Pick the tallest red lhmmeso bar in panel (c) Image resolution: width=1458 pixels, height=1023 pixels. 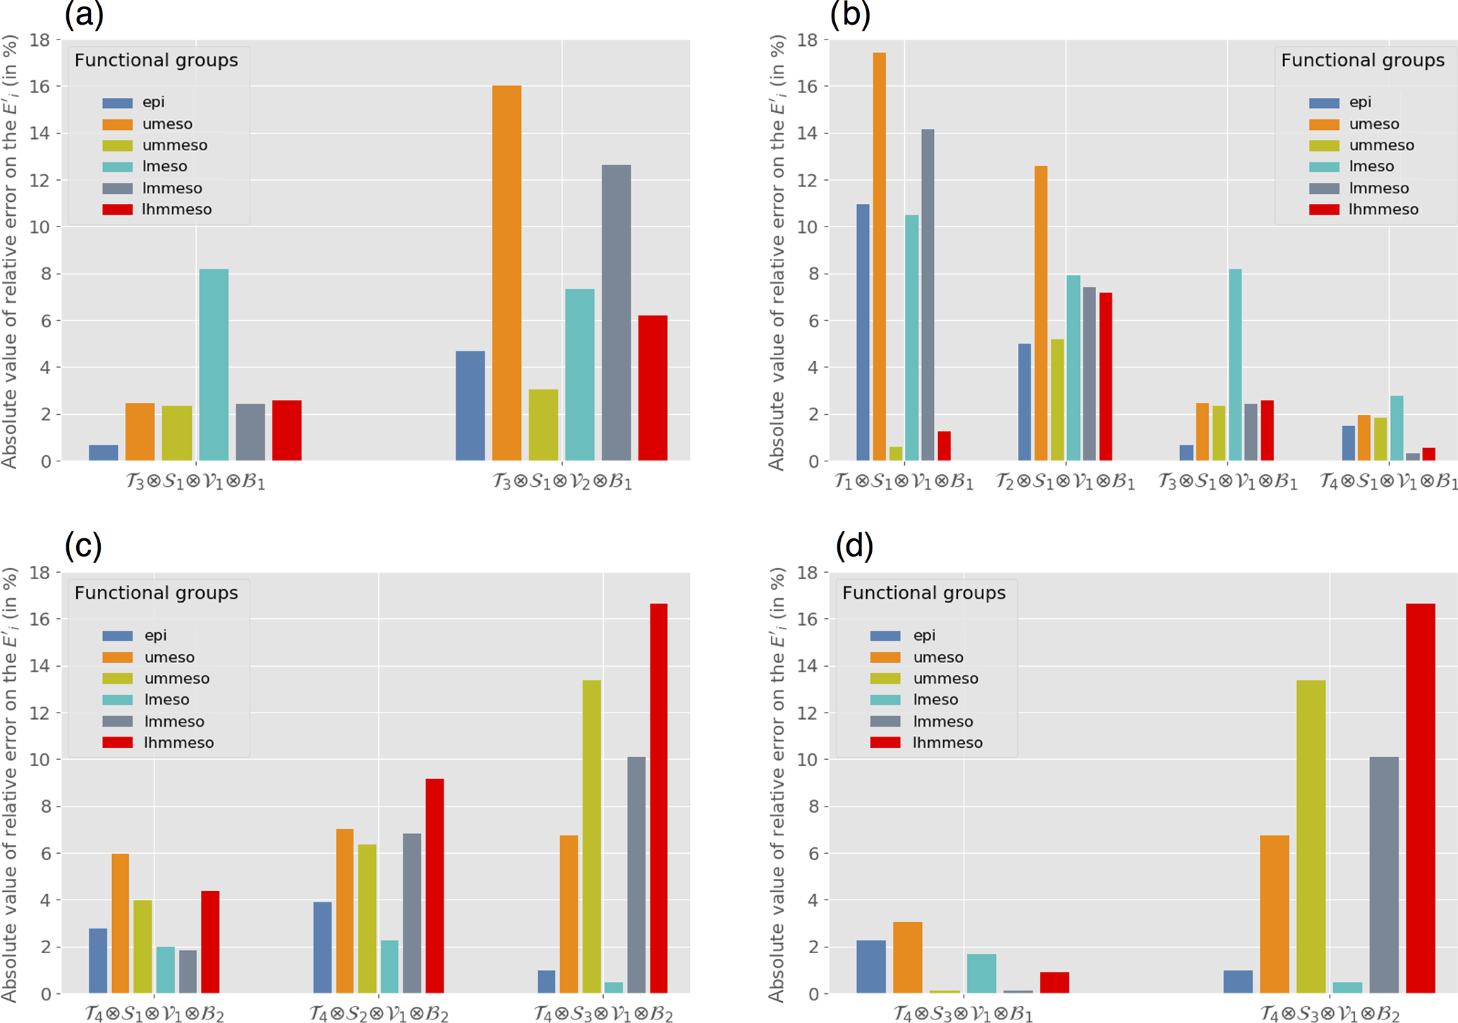tap(658, 798)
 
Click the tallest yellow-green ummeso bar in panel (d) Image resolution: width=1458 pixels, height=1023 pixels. tap(1311, 837)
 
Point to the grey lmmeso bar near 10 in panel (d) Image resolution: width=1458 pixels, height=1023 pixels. tap(1384, 875)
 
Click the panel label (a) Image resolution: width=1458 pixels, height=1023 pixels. tap(84, 14)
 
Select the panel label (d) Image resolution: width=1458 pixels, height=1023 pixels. tap(853, 545)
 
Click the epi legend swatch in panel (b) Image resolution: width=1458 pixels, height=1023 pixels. tap(1323, 103)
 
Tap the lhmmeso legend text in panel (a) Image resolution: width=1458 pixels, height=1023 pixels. tap(176, 210)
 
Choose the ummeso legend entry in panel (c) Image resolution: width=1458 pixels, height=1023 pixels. tap(176, 679)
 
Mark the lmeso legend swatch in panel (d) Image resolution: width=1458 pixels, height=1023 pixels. tap(885, 700)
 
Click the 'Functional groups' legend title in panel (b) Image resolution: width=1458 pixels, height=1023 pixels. tap(1362, 61)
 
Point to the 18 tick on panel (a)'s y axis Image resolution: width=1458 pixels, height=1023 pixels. tap(41, 40)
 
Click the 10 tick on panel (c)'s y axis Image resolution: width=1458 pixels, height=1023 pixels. tap(41, 760)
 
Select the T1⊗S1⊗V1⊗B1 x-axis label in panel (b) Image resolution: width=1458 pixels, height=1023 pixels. tap(903, 483)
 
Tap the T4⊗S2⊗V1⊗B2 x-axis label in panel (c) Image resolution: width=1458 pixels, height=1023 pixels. tap(379, 1015)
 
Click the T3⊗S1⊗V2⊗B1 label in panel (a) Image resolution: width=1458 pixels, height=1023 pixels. tap(561, 483)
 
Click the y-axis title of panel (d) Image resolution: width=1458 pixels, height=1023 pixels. tap(777, 783)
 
